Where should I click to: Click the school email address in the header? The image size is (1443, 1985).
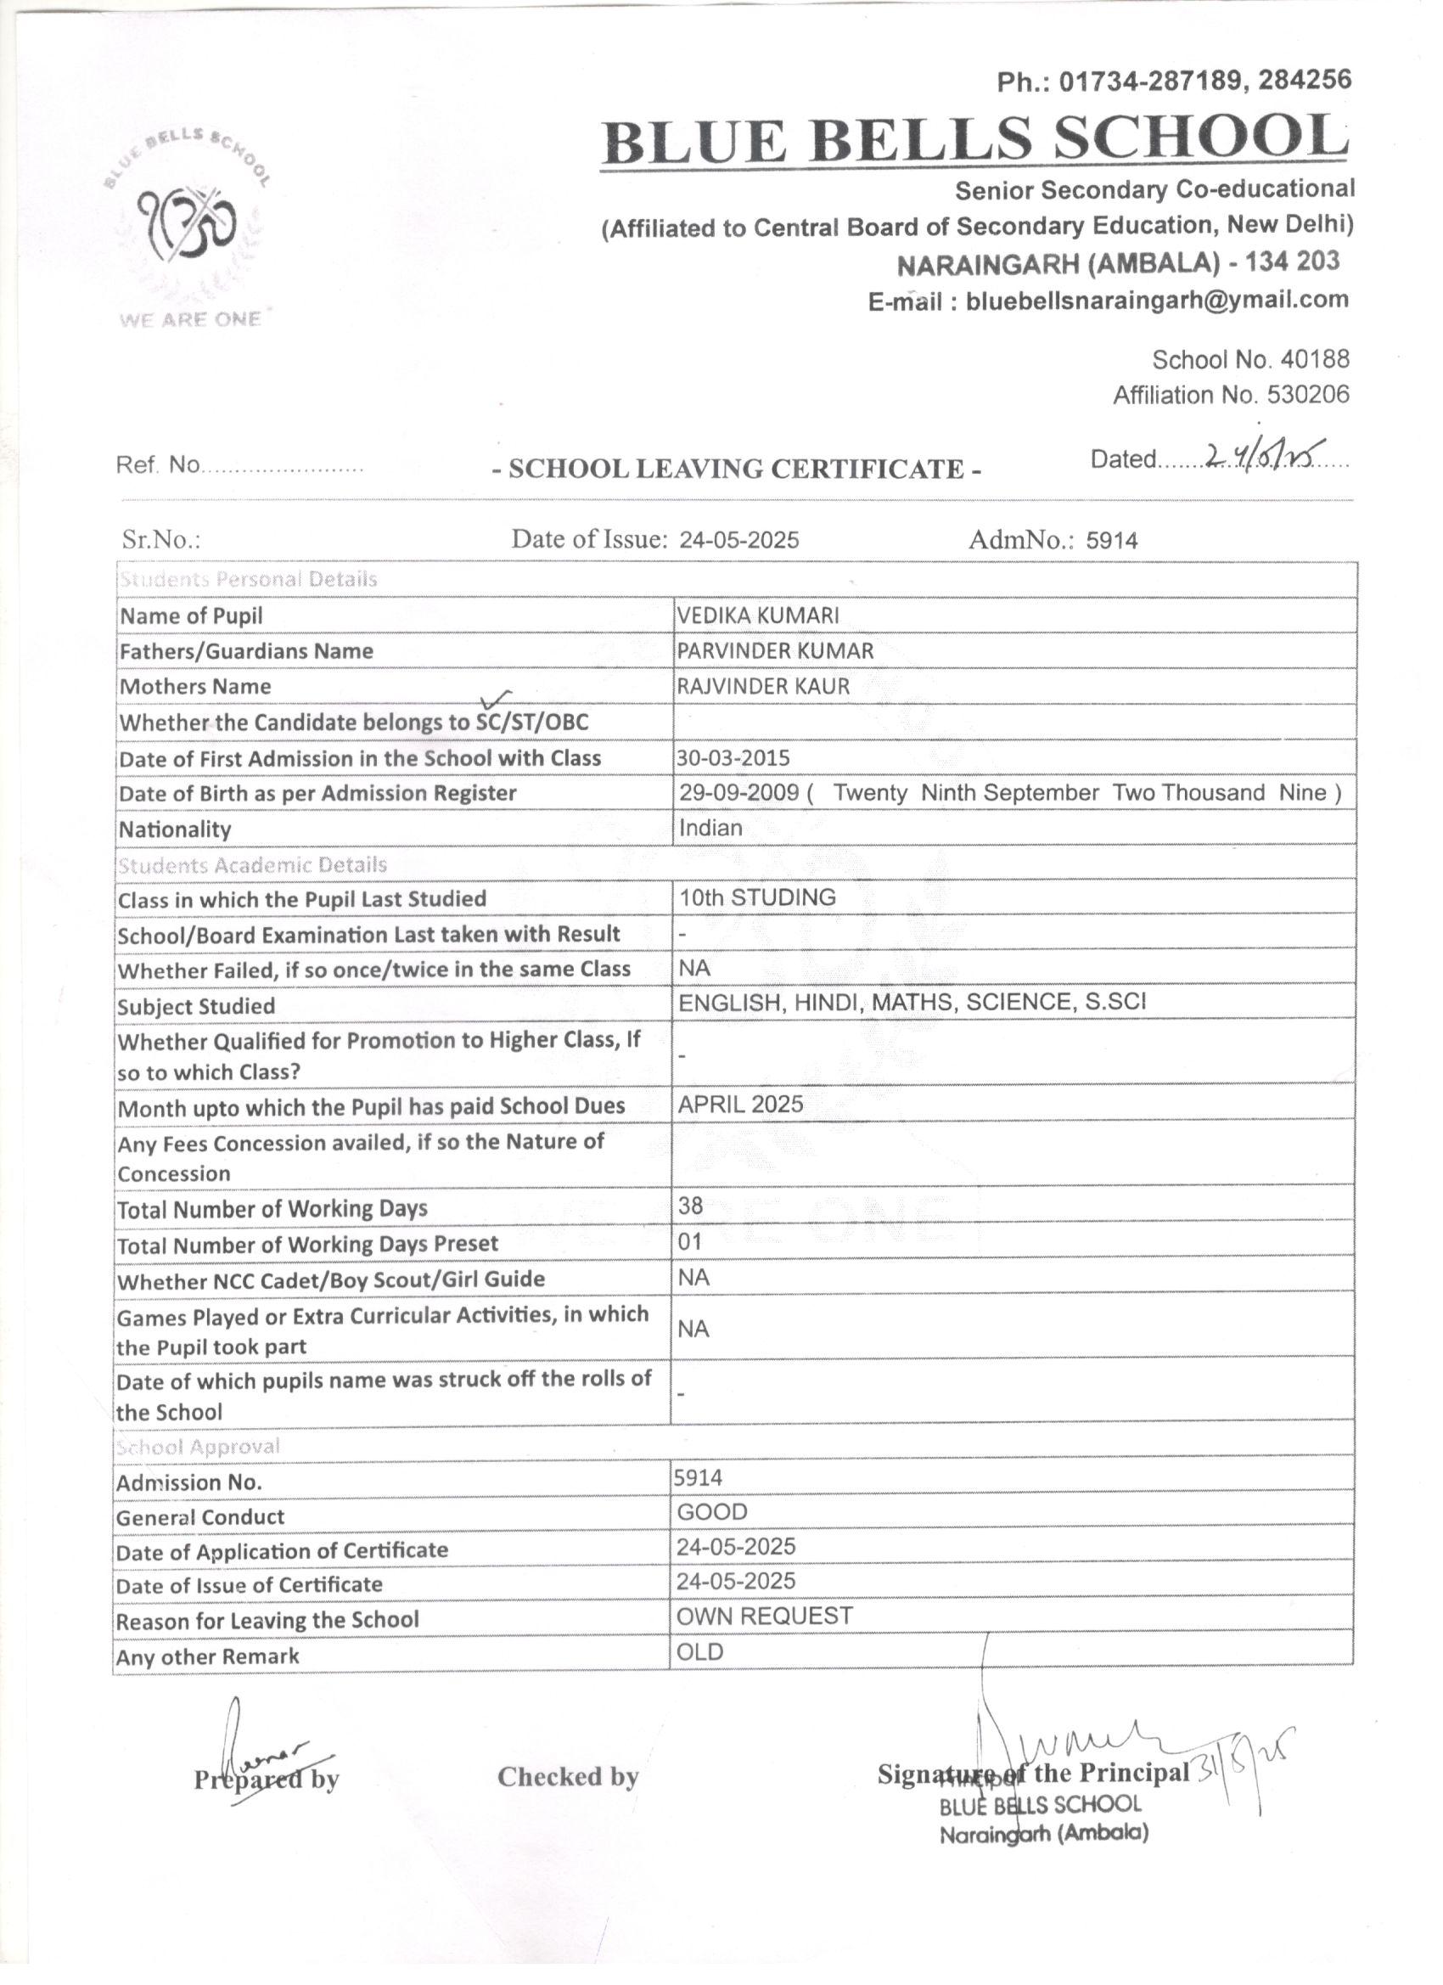point(1157,301)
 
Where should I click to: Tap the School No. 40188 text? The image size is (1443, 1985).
point(1250,360)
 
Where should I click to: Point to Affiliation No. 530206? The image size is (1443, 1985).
point(1230,396)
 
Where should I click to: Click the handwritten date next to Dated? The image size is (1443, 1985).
point(1263,455)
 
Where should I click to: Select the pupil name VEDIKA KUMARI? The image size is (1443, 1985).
point(758,616)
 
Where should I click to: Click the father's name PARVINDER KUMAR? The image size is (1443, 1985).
point(775,651)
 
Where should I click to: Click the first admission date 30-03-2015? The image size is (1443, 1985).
point(733,758)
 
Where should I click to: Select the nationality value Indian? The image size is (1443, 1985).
point(710,828)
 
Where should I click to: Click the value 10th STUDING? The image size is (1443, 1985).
point(758,898)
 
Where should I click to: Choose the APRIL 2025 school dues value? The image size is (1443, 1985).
point(740,1105)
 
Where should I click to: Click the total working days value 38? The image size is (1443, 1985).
point(690,1206)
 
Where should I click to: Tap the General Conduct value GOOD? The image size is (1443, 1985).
point(712,1512)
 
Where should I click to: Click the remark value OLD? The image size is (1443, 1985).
point(700,1652)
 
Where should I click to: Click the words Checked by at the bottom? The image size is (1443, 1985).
point(568,1777)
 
